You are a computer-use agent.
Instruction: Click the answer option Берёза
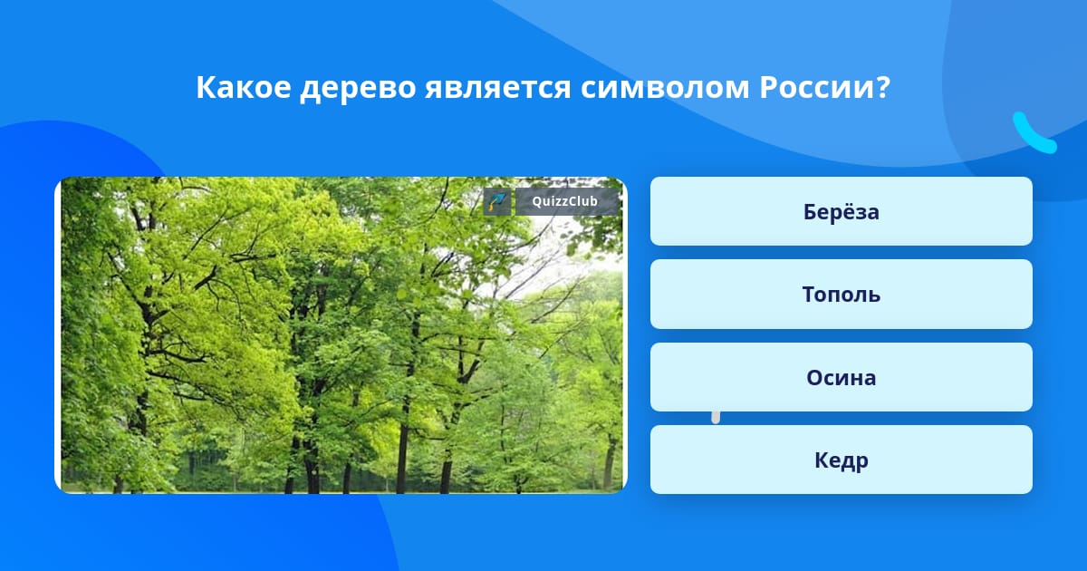pyautogui.click(x=841, y=211)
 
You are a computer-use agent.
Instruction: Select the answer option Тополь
pyautogui.click(x=841, y=295)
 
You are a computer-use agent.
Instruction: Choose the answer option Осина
pyautogui.click(x=841, y=377)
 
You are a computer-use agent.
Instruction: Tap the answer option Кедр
pyautogui.click(x=841, y=460)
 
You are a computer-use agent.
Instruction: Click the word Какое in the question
pyautogui.click(x=244, y=87)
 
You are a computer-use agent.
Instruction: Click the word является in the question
pyautogui.click(x=498, y=89)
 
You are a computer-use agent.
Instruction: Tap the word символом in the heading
pyautogui.click(x=665, y=89)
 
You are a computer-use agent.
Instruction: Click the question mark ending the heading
pyautogui.click(x=882, y=87)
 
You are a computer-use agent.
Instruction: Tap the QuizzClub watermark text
pyautogui.click(x=564, y=201)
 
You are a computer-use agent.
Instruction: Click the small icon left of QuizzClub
pyautogui.click(x=497, y=201)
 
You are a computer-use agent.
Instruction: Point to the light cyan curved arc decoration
pyautogui.click(x=1030, y=137)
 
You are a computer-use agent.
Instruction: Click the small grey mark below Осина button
pyautogui.click(x=716, y=418)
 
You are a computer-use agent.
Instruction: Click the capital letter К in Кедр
pyautogui.click(x=822, y=460)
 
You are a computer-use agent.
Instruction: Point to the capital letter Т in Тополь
pyautogui.click(x=810, y=295)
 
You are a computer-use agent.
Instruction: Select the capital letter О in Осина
pyautogui.click(x=816, y=377)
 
